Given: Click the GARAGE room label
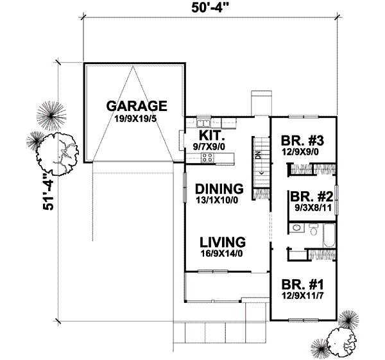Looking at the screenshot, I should click(137, 105).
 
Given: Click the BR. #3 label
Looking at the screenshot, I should click(300, 141).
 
